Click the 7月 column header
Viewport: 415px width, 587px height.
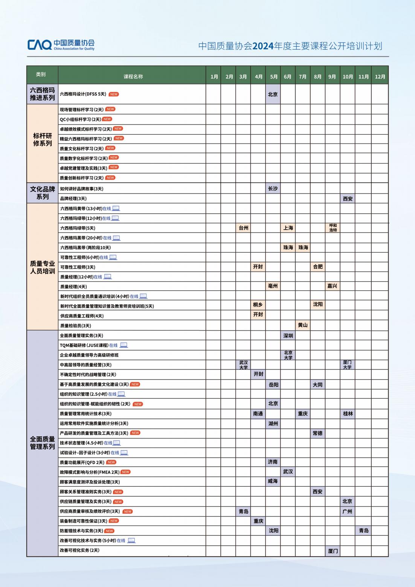pyautogui.click(x=303, y=77)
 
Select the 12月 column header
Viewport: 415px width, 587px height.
pyautogui.click(x=380, y=77)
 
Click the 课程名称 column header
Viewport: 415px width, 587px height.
pyautogui.click(x=133, y=77)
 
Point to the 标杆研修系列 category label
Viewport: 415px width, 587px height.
pyautogui.click(x=43, y=140)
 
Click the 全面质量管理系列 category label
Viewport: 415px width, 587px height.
pyautogui.click(x=43, y=443)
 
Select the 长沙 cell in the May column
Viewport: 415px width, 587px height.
pyautogui.click(x=273, y=189)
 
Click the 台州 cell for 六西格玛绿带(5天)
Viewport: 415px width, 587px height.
pyautogui.click(x=244, y=228)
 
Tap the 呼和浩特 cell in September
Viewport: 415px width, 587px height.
pyautogui.click(x=333, y=228)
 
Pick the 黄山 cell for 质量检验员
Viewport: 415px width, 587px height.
pyautogui.click(x=303, y=325)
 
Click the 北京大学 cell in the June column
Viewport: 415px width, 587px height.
pyautogui.click(x=288, y=355)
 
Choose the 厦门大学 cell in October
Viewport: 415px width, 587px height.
pyautogui.click(x=347, y=364)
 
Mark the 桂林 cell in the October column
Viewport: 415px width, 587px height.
pyautogui.click(x=348, y=413)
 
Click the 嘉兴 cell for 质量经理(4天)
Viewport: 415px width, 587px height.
pyautogui.click(x=333, y=286)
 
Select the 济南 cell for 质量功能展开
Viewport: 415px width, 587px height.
pyautogui.click(x=273, y=462)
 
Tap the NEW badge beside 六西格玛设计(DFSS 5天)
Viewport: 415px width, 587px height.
pyautogui.click(x=114, y=94)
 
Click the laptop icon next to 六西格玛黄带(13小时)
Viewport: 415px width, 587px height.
pyautogui.click(x=116, y=208)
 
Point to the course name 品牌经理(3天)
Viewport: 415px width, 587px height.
pyautogui.click(x=73, y=198)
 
